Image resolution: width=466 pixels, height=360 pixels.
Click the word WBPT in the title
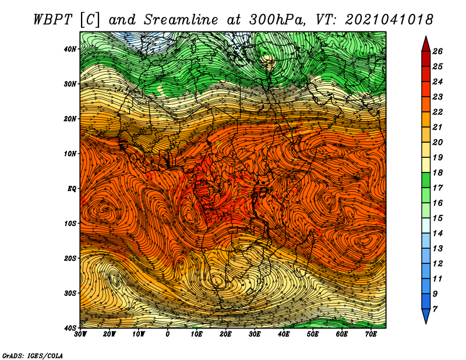pyautogui.click(x=53, y=20)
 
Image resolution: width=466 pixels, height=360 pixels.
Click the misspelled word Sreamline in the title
pyautogui.click(x=181, y=20)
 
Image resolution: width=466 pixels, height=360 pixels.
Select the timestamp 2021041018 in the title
pyautogui.click(x=389, y=20)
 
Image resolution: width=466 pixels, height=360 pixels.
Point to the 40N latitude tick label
pyautogui.click(x=70, y=49)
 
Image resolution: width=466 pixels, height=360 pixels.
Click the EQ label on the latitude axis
pyautogui.click(x=72, y=189)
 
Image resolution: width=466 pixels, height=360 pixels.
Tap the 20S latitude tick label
pyautogui.click(x=70, y=258)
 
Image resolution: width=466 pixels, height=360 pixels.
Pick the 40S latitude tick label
pyautogui.click(x=70, y=328)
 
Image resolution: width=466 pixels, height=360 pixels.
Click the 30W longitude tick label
pyautogui.click(x=80, y=334)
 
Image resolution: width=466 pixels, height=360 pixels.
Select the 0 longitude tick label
pyautogui.click(x=168, y=334)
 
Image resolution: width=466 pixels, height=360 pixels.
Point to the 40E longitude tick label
pyautogui.click(x=284, y=334)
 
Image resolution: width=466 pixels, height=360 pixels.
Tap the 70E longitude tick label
pyautogui.click(x=371, y=334)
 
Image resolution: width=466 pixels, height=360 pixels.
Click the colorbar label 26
pyautogui.click(x=437, y=51)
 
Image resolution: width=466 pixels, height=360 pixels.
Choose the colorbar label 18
pyautogui.click(x=437, y=172)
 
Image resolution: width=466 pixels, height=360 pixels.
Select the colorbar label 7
pyautogui.click(x=435, y=309)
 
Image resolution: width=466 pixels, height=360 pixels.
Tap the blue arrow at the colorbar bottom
pyautogui.click(x=426, y=315)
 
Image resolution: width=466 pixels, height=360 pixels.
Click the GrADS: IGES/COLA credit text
pyautogui.click(x=33, y=356)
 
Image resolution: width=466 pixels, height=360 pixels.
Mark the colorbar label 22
pyautogui.click(x=437, y=112)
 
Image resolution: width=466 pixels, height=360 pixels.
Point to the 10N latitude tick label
pyautogui.click(x=70, y=154)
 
